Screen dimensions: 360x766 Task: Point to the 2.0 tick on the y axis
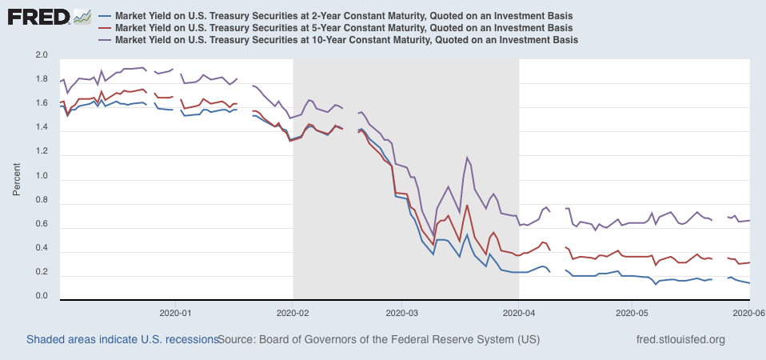[42, 55]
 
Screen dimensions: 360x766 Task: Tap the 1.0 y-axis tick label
[42, 176]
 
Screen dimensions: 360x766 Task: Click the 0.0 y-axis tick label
[42, 297]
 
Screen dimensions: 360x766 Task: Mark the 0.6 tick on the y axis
[42, 224]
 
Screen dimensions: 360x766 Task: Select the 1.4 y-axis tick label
[42, 128]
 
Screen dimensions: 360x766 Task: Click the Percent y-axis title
[17, 177]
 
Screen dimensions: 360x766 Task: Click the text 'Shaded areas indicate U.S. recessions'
[122, 340]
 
